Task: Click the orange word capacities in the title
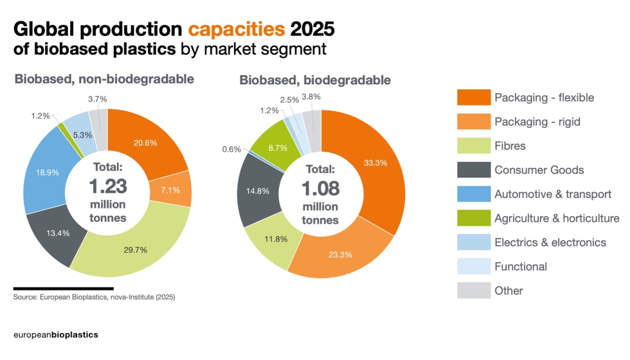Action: [236, 29]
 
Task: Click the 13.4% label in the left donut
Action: [59, 232]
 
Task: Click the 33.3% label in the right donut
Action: [375, 163]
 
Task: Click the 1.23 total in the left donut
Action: [107, 186]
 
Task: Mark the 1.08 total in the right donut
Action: [320, 189]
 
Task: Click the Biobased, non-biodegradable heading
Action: [104, 79]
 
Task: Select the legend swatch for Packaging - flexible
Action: [473, 98]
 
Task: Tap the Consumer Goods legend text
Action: [539, 170]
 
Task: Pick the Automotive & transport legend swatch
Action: [473, 194]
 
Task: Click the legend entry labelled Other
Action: [509, 291]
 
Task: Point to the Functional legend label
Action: [521, 266]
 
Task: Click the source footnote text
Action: [94, 298]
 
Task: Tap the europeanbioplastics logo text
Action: [56, 335]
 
